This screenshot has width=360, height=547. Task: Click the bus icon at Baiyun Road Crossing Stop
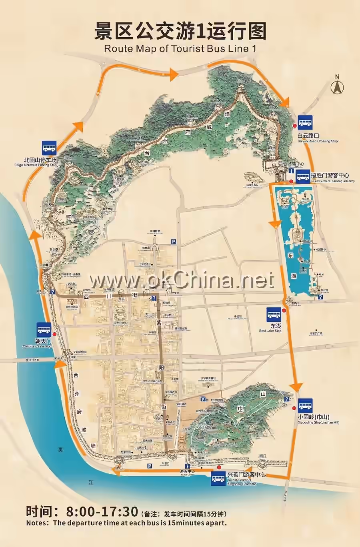305,122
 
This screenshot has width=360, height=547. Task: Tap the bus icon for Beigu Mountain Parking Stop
49,148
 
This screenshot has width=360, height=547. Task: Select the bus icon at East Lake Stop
274,315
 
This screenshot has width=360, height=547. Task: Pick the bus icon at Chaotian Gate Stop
44,329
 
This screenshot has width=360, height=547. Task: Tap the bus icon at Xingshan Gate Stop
218,479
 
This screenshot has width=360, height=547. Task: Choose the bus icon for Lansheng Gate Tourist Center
303,176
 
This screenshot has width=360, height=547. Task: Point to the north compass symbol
337,86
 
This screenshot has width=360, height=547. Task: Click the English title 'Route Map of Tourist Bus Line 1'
180,49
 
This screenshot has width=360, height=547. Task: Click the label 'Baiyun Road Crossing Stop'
318,141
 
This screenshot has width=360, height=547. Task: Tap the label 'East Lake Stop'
270,331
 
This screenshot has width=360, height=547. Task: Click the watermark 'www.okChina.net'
181,281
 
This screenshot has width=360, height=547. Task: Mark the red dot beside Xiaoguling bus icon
294,408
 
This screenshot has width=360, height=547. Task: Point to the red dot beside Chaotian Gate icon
54,334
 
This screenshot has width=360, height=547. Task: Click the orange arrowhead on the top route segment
174,73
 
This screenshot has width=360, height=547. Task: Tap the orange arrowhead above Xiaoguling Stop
296,387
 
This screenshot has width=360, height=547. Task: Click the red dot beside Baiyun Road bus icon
295,126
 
